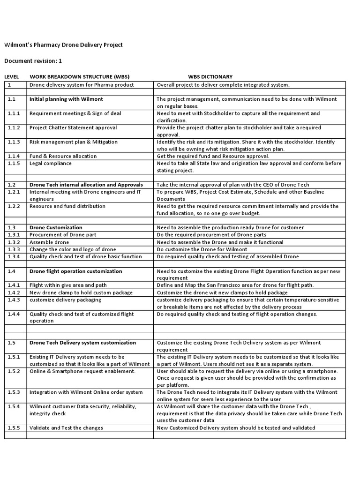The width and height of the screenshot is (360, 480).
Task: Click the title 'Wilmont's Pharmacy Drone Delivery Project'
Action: (x=63, y=45)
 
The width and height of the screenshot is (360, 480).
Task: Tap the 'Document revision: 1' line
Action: (x=33, y=61)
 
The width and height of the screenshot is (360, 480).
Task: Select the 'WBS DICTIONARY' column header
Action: (x=210, y=77)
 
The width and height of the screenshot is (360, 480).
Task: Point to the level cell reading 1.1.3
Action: (x=14, y=142)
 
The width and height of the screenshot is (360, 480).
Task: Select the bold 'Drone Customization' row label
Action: (x=56, y=228)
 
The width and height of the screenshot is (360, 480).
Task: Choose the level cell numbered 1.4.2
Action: (x=14, y=292)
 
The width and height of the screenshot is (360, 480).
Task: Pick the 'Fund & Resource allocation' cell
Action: (x=63, y=156)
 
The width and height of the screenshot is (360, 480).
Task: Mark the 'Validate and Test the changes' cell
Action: (x=66, y=428)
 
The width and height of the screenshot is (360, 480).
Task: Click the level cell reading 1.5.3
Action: (x=14, y=392)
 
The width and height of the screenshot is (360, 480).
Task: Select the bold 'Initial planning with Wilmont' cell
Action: (x=67, y=99)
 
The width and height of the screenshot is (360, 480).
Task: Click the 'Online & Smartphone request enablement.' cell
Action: (x=82, y=371)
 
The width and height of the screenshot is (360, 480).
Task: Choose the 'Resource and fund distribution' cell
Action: (x=67, y=206)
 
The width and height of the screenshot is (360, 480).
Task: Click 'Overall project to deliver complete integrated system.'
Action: (x=223, y=85)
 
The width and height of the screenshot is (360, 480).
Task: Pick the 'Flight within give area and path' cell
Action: (x=68, y=285)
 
